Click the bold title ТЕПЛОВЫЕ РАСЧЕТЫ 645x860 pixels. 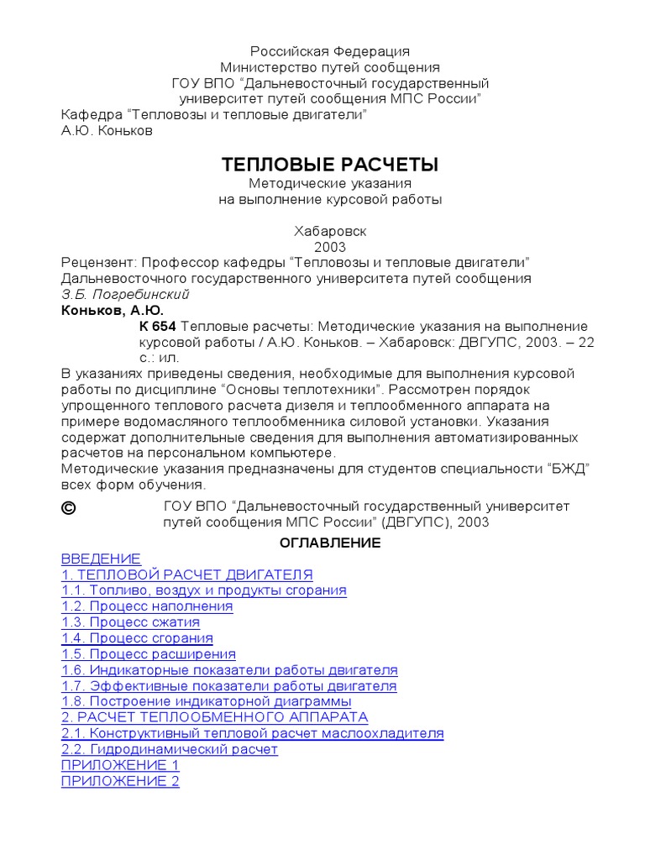click(330, 164)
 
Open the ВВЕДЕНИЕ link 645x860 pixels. click(101, 558)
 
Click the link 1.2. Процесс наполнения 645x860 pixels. click(147, 606)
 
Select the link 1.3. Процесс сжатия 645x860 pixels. click(130, 622)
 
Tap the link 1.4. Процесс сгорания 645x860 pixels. click(137, 638)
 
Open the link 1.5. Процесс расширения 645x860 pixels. click(149, 653)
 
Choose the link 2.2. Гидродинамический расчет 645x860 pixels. click(169, 749)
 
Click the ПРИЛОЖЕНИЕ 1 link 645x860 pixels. click(120, 765)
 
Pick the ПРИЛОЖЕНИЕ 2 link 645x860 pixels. click(120, 781)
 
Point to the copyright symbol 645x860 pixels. click(69, 507)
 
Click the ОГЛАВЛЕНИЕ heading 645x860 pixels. click(330, 543)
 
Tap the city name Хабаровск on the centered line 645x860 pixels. click(330, 231)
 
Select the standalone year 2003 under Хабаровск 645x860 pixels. click(330, 247)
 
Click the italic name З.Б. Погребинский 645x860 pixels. click(125, 294)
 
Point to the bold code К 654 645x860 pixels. click(158, 326)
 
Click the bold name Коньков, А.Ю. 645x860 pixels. click(113, 310)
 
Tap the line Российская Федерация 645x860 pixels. click(330, 52)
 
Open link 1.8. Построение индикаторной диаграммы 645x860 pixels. click(207, 701)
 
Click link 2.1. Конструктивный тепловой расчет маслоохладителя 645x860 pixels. click(252, 733)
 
